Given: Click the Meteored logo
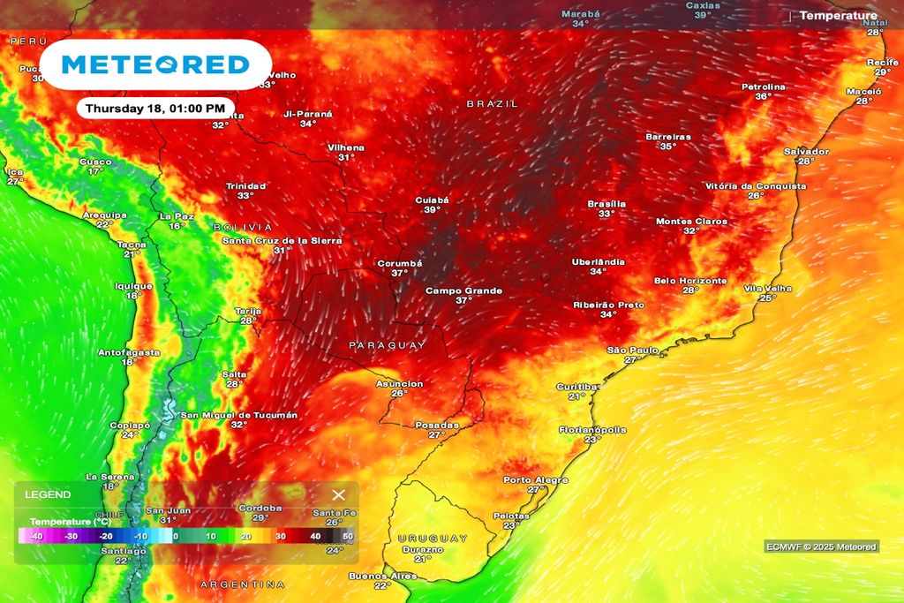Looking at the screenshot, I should coord(155,64).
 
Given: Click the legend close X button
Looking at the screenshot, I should coord(338,495).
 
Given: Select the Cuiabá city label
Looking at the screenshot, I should coord(433,200).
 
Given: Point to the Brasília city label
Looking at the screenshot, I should coord(606,204).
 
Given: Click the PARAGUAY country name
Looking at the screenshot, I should coord(388,345).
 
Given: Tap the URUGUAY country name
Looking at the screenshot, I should coord(433,538).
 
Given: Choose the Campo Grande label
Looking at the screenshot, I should coord(463,290).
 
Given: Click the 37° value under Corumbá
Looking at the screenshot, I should coord(400,274).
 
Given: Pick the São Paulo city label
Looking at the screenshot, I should coord(632,350).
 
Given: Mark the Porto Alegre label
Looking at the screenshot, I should coord(536,480).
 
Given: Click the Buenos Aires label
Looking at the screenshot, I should coord(382,576).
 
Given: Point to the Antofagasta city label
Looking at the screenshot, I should coord(129,352).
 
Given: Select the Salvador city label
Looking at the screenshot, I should coord(806,152).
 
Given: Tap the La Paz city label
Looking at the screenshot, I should coord(177,216).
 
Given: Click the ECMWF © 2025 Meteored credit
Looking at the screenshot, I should coord(821,547).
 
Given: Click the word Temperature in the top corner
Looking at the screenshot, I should coord(839,16).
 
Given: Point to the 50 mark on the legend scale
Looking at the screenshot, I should coord(348,536).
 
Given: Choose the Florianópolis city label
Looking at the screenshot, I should coord(592,430).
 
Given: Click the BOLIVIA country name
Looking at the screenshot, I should coord(243,228).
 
